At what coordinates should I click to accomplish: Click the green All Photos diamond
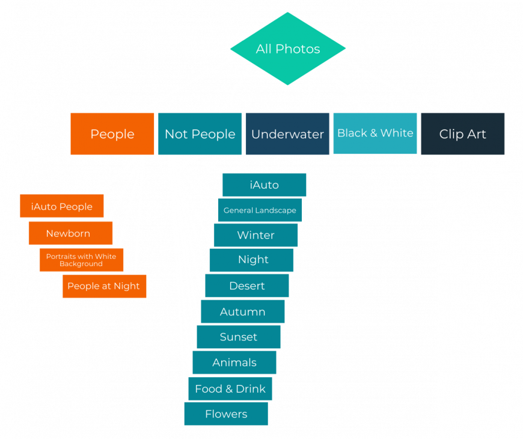click(288, 49)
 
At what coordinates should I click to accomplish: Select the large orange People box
click(112, 134)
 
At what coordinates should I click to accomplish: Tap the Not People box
click(200, 134)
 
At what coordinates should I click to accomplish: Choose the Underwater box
click(287, 134)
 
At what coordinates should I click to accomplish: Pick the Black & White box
click(375, 133)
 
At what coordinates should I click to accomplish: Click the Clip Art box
click(463, 134)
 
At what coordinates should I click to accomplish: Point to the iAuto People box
click(62, 206)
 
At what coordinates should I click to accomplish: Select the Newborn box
click(71, 233)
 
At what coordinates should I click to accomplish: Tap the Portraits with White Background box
click(81, 260)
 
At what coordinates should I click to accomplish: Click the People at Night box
click(105, 286)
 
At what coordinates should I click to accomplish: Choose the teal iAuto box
click(264, 184)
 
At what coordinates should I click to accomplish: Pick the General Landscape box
click(260, 210)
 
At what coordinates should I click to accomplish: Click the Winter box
click(256, 235)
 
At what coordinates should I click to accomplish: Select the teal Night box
click(251, 260)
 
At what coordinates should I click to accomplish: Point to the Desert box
click(247, 286)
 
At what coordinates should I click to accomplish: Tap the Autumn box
click(243, 311)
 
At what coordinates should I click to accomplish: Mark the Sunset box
click(239, 337)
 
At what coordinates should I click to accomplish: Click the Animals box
click(234, 362)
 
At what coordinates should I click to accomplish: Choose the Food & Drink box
click(230, 389)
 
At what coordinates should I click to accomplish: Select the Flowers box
click(226, 414)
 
